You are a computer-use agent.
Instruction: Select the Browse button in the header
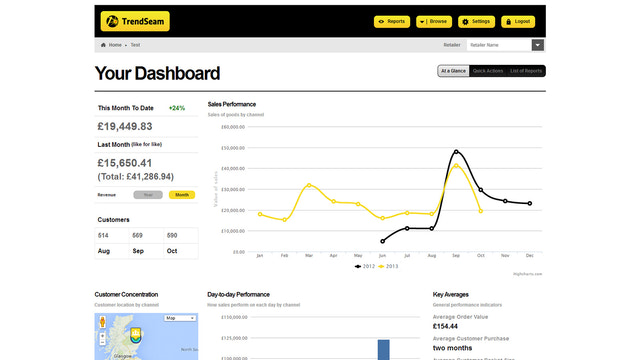coord(434,21)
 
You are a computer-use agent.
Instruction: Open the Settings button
coord(477,21)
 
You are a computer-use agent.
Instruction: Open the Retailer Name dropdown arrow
coord(538,45)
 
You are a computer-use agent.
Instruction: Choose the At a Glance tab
coord(453,71)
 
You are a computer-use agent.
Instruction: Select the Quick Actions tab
coord(487,71)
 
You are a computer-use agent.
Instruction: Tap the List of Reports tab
coord(526,71)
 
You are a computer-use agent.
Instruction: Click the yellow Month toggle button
coord(182,195)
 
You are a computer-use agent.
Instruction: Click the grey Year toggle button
coord(149,195)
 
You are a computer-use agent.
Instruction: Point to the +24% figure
coord(177,108)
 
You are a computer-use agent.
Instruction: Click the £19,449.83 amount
coord(125,127)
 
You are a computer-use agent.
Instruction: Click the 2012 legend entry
coord(365,267)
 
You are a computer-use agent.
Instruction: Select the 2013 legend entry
coord(390,267)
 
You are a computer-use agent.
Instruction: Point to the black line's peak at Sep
coord(456,152)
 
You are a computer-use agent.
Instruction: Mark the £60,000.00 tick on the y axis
coord(231,127)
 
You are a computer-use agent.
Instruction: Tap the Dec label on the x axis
coord(529,257)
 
